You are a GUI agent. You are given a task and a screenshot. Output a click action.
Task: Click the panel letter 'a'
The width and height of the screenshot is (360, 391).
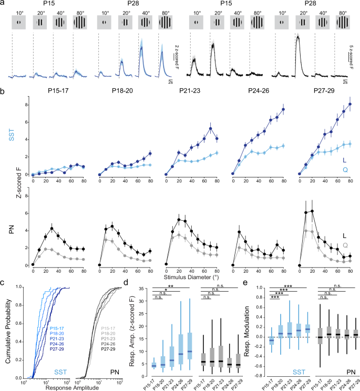tap(4, 4)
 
